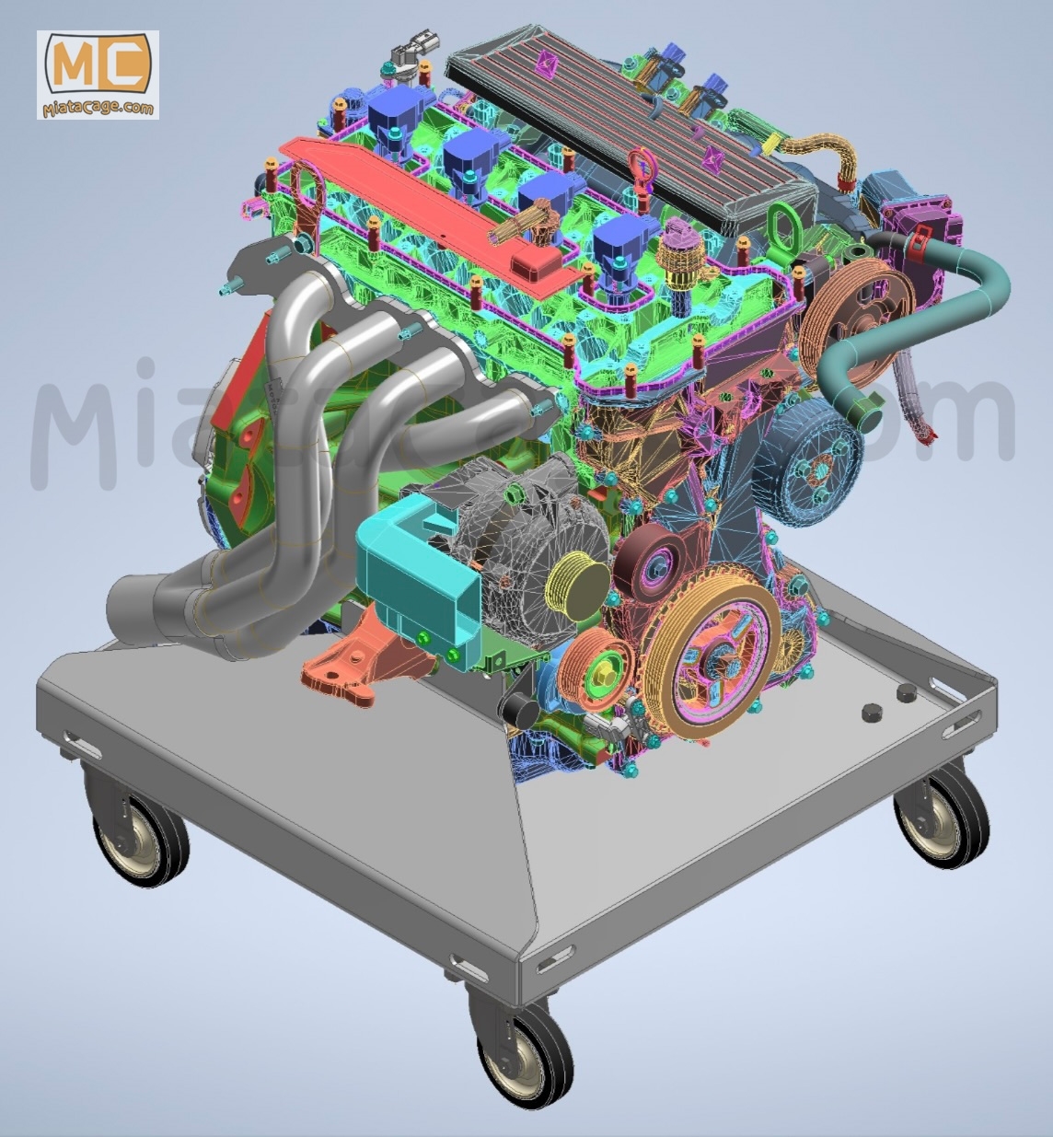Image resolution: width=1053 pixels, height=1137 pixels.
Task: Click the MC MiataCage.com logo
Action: [98, 74]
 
